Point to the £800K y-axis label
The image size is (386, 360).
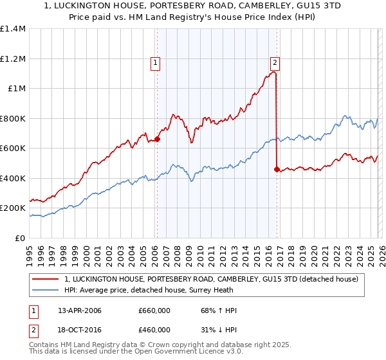13,118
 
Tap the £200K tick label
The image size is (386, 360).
13,208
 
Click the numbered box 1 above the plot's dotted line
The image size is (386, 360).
156,63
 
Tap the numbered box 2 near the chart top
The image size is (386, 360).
275,63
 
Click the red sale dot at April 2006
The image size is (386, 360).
157,139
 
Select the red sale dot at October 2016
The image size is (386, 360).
277,169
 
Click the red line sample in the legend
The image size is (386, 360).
46,279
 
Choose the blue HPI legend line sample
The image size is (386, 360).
46,290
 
